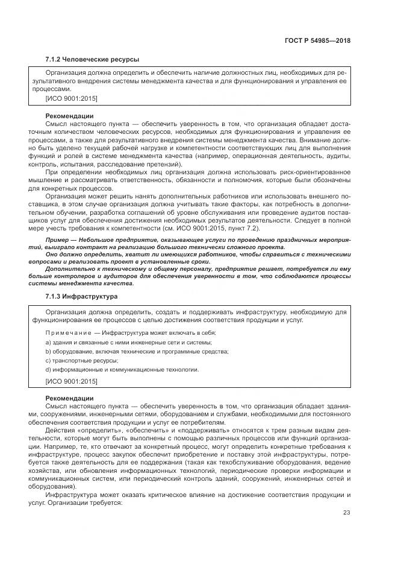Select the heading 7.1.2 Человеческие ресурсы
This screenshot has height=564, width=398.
92,59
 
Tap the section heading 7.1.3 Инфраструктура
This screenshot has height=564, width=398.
81,297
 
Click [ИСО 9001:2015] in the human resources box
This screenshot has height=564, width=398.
71,98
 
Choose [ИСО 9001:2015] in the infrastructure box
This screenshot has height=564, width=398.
71,381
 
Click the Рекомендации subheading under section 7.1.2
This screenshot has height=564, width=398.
69,115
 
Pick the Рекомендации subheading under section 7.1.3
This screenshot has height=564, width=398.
69,398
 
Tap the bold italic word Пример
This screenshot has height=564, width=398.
58,239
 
